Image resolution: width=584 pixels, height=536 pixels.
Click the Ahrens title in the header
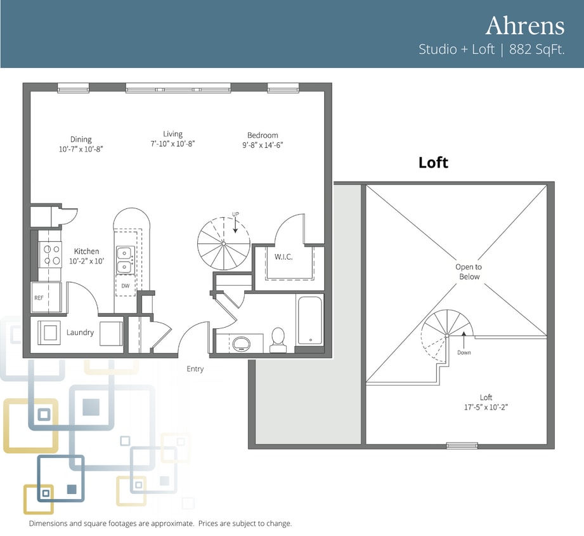[525, 25]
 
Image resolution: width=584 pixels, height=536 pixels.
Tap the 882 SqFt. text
[536, 50]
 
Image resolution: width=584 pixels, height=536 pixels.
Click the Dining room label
[81, 140]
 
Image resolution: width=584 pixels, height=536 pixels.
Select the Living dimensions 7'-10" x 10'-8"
[172, 144]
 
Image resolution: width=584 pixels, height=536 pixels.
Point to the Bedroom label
[263, 135]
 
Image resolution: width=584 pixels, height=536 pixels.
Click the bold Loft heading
[433, 163]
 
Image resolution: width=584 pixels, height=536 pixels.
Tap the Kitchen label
[86, 251]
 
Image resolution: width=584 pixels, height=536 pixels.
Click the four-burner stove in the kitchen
[50, 255]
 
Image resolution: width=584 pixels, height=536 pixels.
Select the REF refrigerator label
[39, 298]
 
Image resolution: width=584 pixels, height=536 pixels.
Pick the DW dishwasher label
[126, 286]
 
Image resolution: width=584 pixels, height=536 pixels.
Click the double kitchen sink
[125, 260]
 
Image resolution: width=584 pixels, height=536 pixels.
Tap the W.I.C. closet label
[283, 257]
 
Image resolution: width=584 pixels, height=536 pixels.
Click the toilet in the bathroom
[278, 340]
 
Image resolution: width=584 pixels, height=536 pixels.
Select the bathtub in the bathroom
[310, 321]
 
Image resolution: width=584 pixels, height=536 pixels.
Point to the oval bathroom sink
[242, 343]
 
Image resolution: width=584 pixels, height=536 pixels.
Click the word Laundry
[80, 332]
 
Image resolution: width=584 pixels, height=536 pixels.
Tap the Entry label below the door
[195, 369]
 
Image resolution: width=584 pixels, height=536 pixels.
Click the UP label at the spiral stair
[235, 214]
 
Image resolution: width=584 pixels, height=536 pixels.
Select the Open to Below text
[469, 272]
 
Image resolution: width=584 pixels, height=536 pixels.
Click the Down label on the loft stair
[464, 352]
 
